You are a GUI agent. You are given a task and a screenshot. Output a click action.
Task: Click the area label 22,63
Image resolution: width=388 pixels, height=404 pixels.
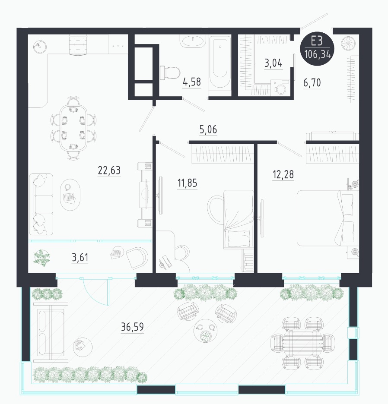click(109, 170)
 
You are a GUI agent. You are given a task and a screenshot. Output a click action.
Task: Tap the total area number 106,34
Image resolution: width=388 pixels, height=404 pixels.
click(317, 54)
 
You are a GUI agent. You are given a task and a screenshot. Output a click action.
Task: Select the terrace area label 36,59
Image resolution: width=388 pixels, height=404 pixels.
click(132, 327)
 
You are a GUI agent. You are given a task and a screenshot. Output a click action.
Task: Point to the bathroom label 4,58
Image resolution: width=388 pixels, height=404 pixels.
click(192, 82)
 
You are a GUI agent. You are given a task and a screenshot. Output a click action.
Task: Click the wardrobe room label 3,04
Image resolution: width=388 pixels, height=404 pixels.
click(273, 63)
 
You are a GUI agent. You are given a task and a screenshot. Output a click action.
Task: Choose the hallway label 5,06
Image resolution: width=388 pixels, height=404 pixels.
click(208, 129)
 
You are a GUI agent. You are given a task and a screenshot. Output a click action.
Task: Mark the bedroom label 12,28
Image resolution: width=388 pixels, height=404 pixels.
click(283, 174)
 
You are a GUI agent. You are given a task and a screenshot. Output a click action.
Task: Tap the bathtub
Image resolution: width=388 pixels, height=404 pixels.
click(220, 62)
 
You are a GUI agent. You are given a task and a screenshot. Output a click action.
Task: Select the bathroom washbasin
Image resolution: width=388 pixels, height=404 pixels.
click(193, 41)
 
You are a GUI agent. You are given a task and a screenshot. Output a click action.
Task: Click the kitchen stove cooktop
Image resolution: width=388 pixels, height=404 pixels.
click(78, 45)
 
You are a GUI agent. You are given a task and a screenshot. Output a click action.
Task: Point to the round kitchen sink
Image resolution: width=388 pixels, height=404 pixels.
click(40, 46)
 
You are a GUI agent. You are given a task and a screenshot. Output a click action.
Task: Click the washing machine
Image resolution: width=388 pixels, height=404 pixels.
click(280, 88)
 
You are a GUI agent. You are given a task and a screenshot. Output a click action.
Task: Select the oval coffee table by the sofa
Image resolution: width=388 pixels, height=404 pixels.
click(70, 195)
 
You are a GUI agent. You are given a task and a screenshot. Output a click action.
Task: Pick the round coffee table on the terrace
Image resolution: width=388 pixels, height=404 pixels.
click(206, 331)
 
